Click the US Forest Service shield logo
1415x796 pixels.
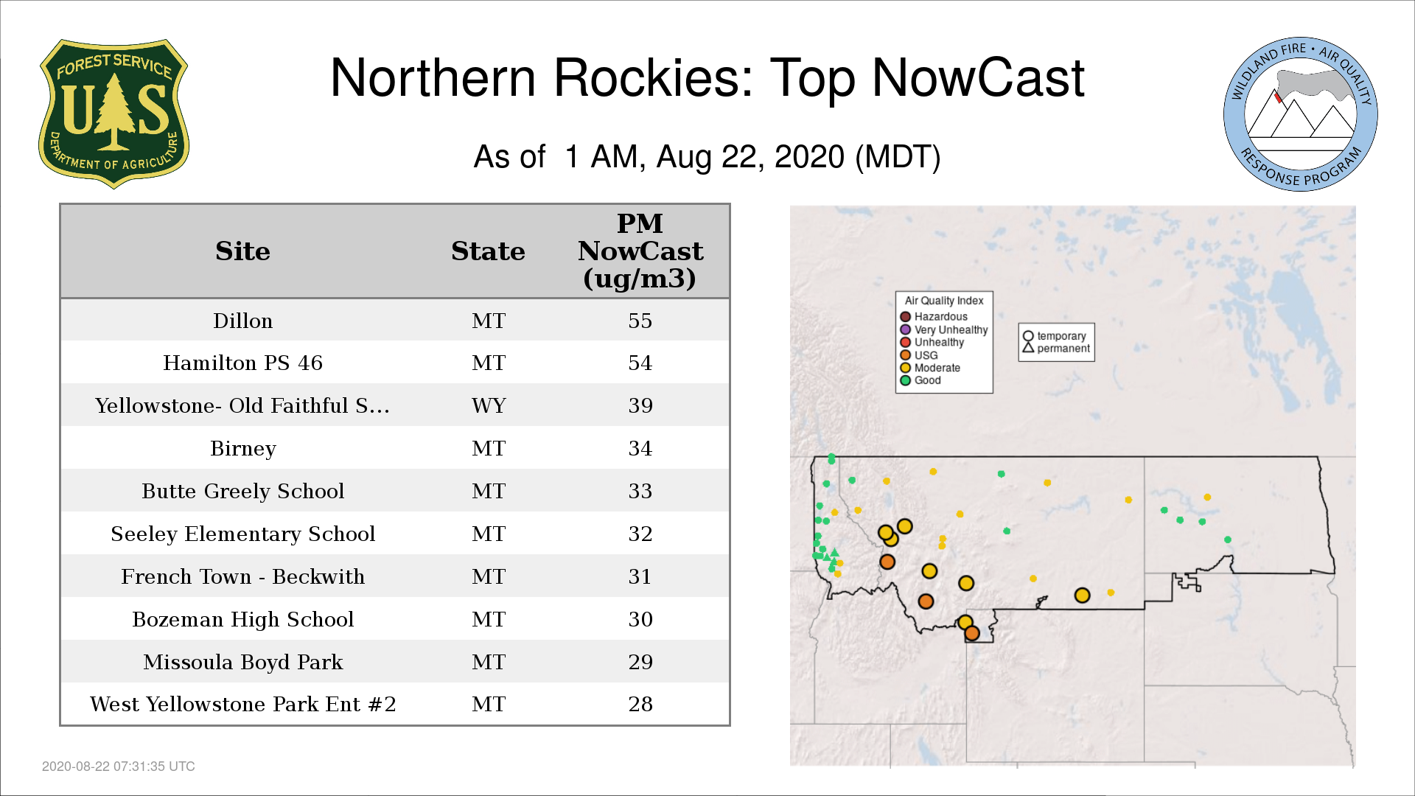coord(113,114)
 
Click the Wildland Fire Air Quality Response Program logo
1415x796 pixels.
coord(1300,114)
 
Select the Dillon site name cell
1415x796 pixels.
coord(242,321)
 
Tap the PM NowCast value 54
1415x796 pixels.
coord(640,363)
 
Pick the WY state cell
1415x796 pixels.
coord(489,405)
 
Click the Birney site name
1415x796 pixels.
coord(242,448)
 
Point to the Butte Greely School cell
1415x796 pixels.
coord(242,491)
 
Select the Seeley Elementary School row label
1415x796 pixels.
coord(242,534)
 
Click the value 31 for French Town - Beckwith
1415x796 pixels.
coord(640,576)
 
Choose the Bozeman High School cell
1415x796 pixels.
coord(242,619)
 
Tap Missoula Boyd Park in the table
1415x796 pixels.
coord(242,662)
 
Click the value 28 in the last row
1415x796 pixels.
coord(640,704)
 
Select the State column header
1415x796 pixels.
coord(488,251)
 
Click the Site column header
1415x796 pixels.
coord(242,251)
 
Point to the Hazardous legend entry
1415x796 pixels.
coord(934,317)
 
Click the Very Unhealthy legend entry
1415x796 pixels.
coord(944,329)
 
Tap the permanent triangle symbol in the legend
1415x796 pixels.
coord(1028,348)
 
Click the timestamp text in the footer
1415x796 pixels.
coord(119,767)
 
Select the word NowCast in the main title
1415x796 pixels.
coord(978,78)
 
